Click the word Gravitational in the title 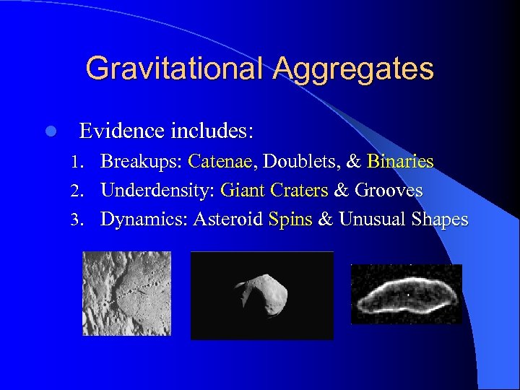(175, 69)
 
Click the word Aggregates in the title (354, 69)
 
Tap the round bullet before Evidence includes (49, 131)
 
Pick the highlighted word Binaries (399, 161)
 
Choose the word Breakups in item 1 (140, 161)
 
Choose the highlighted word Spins (290, 220)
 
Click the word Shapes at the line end (439, 220)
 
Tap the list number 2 (85, 191)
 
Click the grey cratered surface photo (126, 293)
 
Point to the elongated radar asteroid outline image (406, 293)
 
